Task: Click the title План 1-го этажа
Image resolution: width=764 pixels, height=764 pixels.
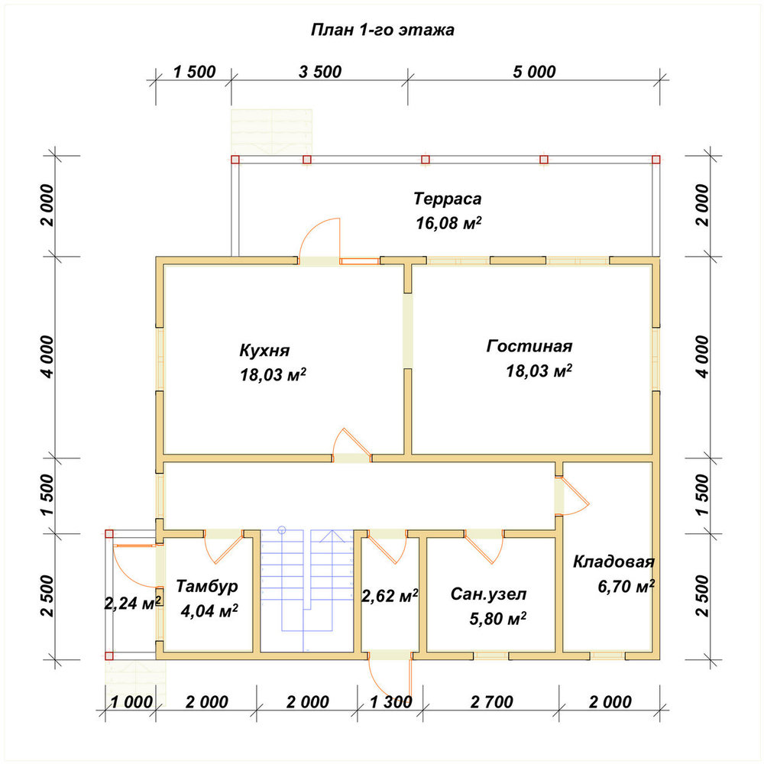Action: click(x=383, y=30)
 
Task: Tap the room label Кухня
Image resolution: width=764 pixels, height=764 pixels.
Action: click(x=264, y=351)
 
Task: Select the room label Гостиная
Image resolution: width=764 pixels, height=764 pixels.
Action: click(x=529, y=346)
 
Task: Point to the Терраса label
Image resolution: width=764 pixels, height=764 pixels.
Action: click(x=447, y=199)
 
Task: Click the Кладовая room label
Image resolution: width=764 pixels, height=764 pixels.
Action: click(x=613, y=562)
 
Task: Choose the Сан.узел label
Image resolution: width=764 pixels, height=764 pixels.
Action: click(x=488, y=594)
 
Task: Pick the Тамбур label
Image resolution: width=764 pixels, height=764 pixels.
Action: click(x=206, y=586)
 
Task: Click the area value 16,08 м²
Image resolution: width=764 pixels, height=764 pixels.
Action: click(x=448, y=223)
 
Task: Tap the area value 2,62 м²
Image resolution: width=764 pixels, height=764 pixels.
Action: click(x=390, y=595)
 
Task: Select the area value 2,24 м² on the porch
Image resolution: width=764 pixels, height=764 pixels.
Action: click(x=133, y=604)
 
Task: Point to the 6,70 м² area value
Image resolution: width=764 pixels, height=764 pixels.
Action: click(x=626, y=586)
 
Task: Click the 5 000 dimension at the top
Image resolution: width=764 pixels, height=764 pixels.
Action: click(x=534, y=72)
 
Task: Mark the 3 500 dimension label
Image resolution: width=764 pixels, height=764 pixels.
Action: click(x=320, y=72)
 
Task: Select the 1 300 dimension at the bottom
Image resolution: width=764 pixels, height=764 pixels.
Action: click(x=390, y=702)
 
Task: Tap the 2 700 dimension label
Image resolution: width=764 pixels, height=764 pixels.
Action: click(x=491, y=702)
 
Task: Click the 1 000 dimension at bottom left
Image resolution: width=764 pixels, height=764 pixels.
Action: click(x=131, y=702)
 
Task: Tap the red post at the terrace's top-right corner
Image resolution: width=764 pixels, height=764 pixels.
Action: click(x=656, y=160)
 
